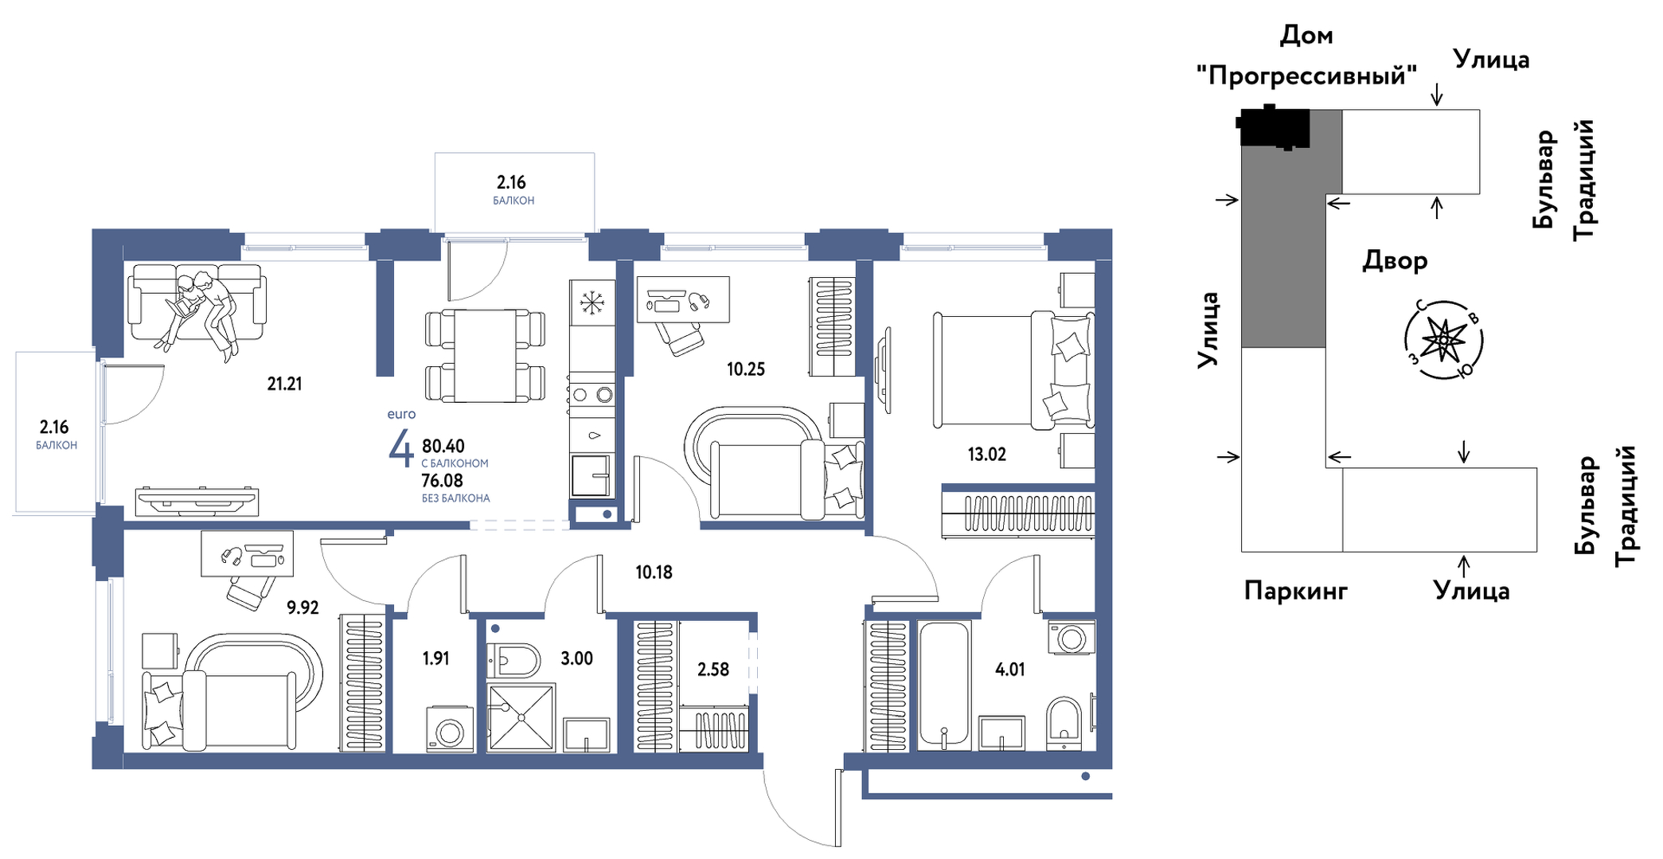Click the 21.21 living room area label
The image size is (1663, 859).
pos(284,384)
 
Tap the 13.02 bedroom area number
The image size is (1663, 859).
pos(986,455)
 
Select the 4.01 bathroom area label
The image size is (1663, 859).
pos(1009,670)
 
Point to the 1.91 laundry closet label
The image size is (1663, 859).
pos(435,658)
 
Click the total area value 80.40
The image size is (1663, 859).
pos(443,446)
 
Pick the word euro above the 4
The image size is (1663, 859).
pos(401,414)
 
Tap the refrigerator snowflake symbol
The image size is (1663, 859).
pos(592,303)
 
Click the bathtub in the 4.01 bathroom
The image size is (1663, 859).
pos(944,685)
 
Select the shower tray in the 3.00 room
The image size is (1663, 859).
pos(521,717)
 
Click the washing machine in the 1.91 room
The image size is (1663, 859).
pos(450,728)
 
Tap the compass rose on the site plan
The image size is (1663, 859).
pos(1443,341)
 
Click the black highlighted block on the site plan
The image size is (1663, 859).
pos(1274,127)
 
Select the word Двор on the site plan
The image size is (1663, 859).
pos(1395,261)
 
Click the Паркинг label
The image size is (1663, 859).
pos(1296,591)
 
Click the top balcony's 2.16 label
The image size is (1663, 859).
pos(511,182)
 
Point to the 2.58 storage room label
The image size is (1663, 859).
pos(712,670)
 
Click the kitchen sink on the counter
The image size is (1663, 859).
pos(591,475)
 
